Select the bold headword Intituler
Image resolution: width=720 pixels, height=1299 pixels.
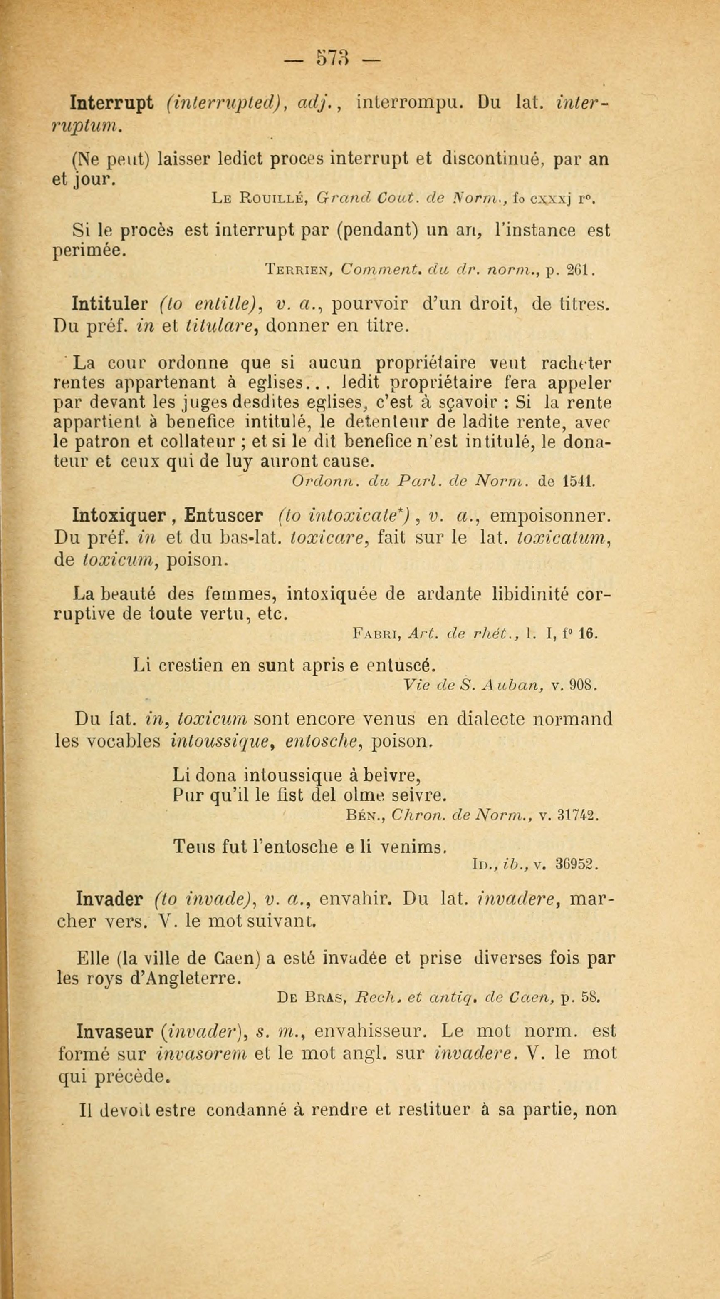point(110,305)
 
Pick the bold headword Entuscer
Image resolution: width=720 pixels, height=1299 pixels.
point(223,516)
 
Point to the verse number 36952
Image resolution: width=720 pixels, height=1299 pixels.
point(577,865)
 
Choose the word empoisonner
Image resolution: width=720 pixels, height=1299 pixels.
point(551,516)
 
